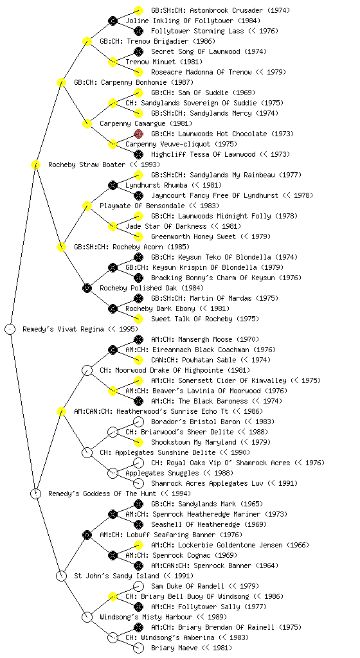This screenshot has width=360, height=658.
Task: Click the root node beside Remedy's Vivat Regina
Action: pos(10,329)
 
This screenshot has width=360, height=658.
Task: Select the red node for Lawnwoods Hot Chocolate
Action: pos(138,134)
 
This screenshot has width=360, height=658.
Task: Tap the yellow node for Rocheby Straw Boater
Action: pos(35,164)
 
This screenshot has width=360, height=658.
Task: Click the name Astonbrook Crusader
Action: pos(221,10)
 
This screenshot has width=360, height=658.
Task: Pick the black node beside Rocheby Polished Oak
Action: pos(87,288)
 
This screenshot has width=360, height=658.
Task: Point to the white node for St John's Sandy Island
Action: pos(61,576)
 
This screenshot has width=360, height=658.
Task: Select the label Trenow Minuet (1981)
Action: pos(159,62)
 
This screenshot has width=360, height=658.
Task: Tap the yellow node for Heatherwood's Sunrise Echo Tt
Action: pos(61,411)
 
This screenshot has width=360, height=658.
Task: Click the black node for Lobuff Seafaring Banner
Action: pos(87,535)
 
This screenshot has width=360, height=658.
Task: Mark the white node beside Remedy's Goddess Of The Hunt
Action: pos(35,493)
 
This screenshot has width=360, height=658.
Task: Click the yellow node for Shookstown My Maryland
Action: pos(138,442)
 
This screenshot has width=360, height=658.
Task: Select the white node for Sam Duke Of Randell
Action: pos(138,586)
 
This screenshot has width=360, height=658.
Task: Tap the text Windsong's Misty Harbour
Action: pos(146,617)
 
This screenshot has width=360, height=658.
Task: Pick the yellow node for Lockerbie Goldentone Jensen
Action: pos(138,545)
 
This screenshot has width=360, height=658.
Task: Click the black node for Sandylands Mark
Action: pos(138,504)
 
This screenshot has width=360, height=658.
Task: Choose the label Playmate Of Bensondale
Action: pos(142,206)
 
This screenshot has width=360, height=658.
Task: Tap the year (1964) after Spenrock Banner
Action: pos(267,565)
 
